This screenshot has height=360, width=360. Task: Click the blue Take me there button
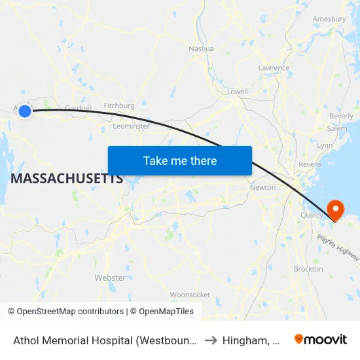[x=180, y=160]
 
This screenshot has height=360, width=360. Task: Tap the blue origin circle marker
[x=25, y=111]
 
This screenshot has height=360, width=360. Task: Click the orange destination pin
[x=335, y=210]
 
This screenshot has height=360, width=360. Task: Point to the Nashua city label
[x=201, y=48]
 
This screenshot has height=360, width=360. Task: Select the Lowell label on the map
[x=237, y=92]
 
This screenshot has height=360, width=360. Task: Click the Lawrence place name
[x=274, y=68]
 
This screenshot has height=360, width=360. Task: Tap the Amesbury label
[x=329, y=19]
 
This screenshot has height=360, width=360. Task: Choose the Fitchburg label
[x=119, y=105]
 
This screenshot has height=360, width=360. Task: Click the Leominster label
[x=131, y=126]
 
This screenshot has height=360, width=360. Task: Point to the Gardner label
[x=78, y=108]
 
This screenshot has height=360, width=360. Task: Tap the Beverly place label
[x=341, y=116]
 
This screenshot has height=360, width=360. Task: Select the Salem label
[x=337, y=129]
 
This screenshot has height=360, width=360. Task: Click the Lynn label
[x=325, y=145]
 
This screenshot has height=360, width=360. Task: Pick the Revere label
[x=310, y=164]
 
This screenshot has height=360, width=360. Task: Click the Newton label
[x=262, y=188]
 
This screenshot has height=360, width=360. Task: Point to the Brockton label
[x=308, y=269]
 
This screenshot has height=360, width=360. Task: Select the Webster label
[x=110, y=278]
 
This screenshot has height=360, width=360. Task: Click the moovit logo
[x=320, y=339]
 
